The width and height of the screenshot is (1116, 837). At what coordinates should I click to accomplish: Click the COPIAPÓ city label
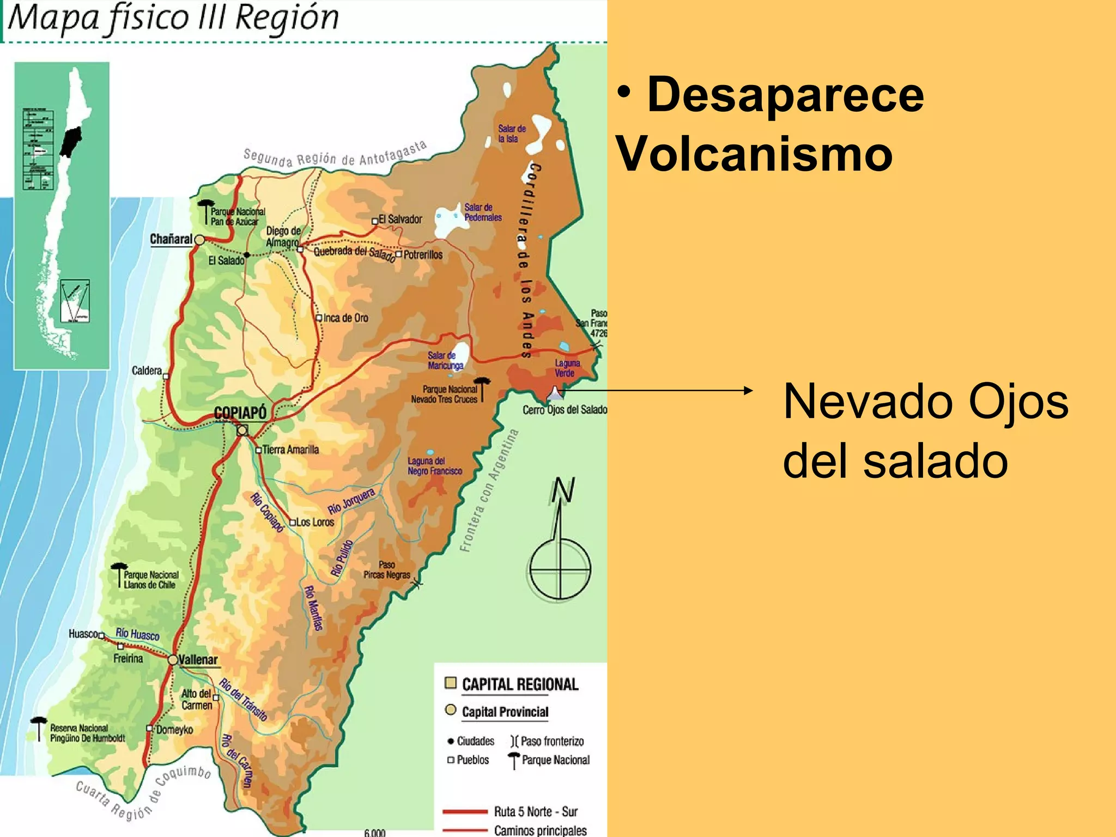click(x=240, y=413)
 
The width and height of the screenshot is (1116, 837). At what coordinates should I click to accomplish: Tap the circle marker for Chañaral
click(x=199, y=240)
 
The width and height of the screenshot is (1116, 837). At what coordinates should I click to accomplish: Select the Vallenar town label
click(x=198, y=660)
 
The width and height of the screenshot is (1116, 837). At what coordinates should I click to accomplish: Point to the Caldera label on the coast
click(x=147, y=371)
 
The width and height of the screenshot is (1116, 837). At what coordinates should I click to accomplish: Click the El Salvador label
click(x=400, y=219)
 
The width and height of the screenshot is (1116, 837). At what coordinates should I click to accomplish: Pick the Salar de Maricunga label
click(x=445, y=360)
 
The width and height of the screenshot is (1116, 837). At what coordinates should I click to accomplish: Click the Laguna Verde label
click(x=567, y=368)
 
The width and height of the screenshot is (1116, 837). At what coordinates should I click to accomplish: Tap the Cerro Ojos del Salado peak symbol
click(x=554, y=392)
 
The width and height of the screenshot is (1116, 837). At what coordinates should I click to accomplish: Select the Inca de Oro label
click(x=345, y=318)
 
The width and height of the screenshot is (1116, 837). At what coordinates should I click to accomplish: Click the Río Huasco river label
click(x=137, y=634)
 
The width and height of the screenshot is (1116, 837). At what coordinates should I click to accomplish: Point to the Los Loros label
click(x=315, y=522)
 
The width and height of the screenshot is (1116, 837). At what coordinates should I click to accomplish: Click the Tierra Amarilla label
click(x=290, y=450)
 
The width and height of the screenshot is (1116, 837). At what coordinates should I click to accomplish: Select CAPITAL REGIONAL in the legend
click(x=519, y=684)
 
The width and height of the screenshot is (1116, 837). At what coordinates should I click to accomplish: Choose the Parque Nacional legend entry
click(x=555, y=760)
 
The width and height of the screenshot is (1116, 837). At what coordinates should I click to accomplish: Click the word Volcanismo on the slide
click(x=754, y=154)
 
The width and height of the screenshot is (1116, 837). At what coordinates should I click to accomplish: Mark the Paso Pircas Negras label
click(x=386, y=570)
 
